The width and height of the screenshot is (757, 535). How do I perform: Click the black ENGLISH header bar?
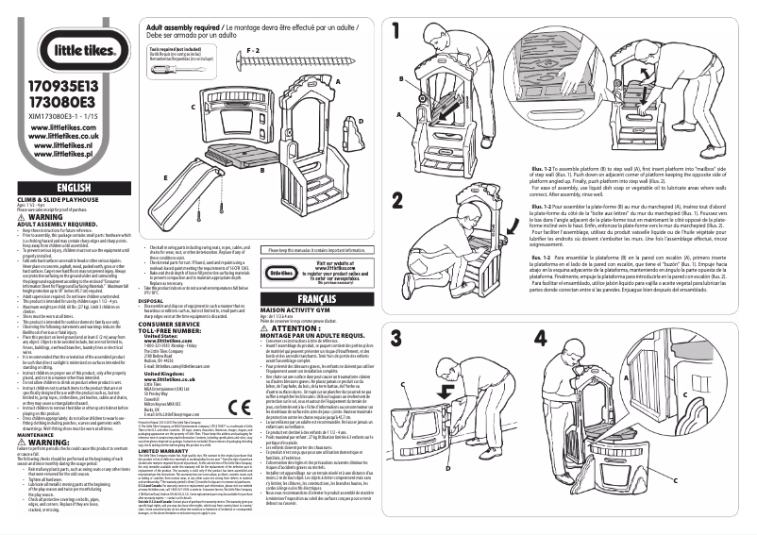tap(65, 189)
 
